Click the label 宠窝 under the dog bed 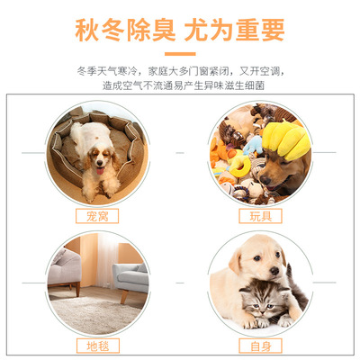coord(97,216)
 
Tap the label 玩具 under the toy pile coord(260,216)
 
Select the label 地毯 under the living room coord(98,346)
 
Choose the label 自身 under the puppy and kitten coord(260,346)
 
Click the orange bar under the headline coord(180,54)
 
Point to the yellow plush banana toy coord(286,140)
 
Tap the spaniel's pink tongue coord(100,171)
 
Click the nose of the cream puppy coord(274,271)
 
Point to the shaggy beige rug coord(96,315)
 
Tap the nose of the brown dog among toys coord(265,180)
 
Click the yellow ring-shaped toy coord(239,166)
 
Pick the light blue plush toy coord(253,145)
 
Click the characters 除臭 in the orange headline coord(151,30)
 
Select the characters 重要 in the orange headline coord(260,30)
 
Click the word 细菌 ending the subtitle coord(255,85)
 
